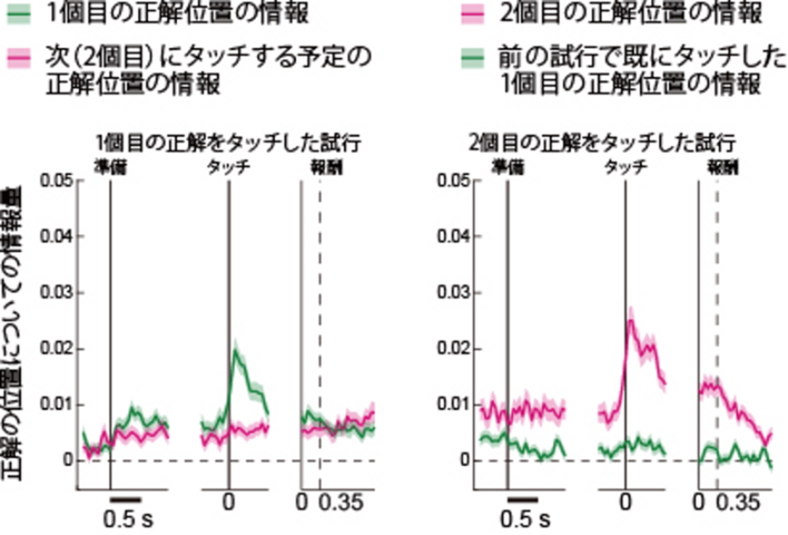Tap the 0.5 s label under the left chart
pos(127,517)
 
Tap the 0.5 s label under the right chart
pos(524,517)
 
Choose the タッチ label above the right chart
pos(625,165)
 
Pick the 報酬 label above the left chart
pos(320,165)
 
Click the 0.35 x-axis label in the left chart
pos(341,503)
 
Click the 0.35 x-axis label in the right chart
pos(737,503)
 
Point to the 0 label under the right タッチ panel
pos(625,503)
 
